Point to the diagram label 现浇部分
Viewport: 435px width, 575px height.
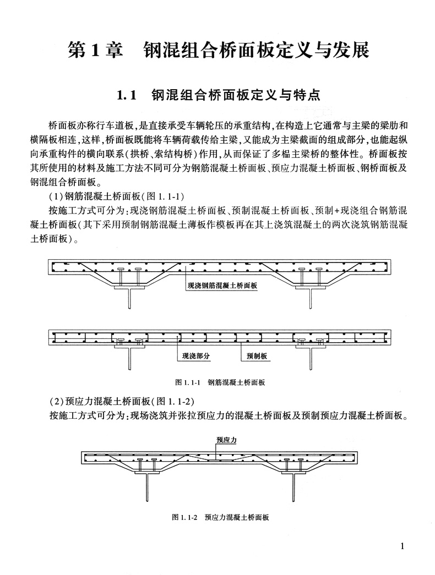click(x=196, y=356)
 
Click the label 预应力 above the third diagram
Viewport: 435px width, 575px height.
click(x=226, y=440)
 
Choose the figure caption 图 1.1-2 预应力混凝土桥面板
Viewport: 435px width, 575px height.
click(x=220, y=517)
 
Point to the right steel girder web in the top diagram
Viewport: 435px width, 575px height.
click(x=311, y=299)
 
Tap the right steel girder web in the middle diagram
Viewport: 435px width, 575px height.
click(x=311, y=361)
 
